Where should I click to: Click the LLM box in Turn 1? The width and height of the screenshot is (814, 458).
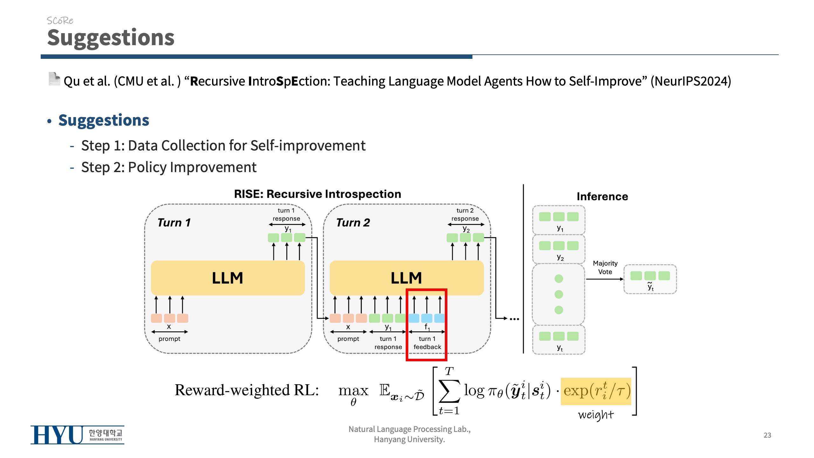click(x=228, y=278)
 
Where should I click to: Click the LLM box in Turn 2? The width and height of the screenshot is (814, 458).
click(x=406, y=278)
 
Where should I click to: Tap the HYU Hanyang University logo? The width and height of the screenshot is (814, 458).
click(x=77, y=435)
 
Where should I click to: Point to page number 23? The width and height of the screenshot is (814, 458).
click(x=767, y=435)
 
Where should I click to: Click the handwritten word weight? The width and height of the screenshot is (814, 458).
click(x=596, y=415)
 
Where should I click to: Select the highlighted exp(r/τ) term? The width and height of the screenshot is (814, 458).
click(x=596, y=391)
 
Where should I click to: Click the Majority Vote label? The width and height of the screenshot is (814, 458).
click(x=605, y=267)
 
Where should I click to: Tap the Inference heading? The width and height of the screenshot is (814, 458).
click(x=602, y=197)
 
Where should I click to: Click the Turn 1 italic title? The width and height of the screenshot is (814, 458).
click(x=174, y=223)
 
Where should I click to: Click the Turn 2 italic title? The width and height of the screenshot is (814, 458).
click(x=353, y=223)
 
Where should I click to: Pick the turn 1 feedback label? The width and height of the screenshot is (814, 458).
click(x=427, y=343)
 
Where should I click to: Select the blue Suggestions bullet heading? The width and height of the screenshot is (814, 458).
click(x=104, y=120)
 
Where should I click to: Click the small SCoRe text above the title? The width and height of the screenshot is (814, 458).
click(x=60, y=21)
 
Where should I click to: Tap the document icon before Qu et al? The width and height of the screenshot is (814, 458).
click(x=54, y=79)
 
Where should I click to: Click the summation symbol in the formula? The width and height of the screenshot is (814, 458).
click(x=449, y=391)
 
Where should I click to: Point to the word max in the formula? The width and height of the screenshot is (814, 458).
click(x=353, y=390)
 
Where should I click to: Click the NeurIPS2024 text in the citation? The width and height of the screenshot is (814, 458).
click(x=691, y=81)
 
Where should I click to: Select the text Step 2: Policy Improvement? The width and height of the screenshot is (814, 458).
click(x=169, y=167)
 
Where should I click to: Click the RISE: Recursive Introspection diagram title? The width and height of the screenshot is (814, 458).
click(x=317, y=194)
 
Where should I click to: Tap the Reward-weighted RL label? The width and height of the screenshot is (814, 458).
click(x=247, y=390)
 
